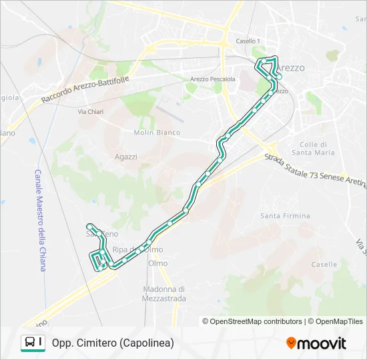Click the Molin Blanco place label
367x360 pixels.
(x=157, y=133)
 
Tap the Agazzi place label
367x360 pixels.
(x=125, y=157)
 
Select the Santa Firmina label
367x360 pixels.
(x=285, y=216)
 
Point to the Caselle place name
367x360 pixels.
(x=324, y=264)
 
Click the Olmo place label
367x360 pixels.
(x=158, y=263)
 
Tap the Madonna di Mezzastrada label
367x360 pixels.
(x=163, y=293)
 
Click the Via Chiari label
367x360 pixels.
(x=91, y=111)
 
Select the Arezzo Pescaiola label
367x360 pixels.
(x=213, y=79)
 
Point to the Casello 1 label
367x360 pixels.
(x=248, y=41)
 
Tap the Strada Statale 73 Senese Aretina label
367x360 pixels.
(x=315, y=171)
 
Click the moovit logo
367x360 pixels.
(x=316, y=343)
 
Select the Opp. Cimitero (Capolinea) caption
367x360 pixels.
(x=112, y=343)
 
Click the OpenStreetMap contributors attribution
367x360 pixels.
(x=256, y=321)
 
